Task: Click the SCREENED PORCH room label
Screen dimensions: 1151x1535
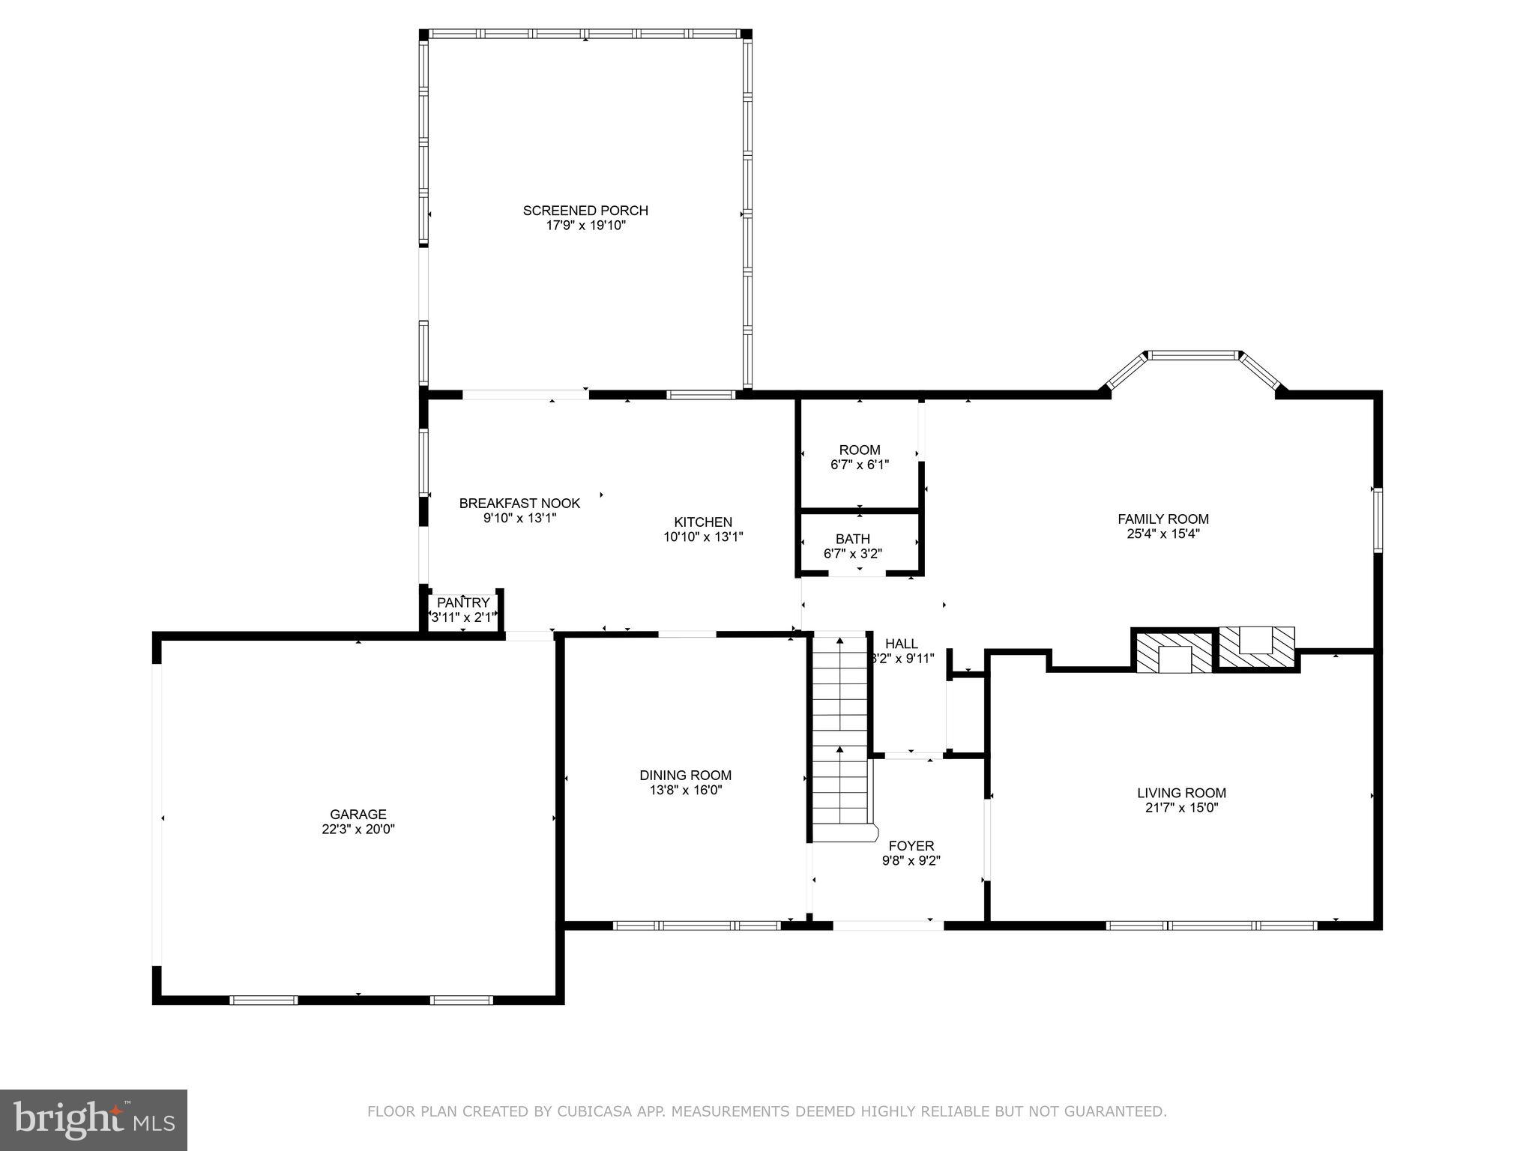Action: [585, 211]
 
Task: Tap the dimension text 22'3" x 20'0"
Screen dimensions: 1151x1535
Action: [358, 830]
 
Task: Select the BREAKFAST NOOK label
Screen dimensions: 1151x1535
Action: [519, 504]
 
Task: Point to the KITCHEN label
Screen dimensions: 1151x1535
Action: [702, 522]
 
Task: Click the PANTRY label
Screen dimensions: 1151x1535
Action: [462, 603]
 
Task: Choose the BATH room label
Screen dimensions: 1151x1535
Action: [853, 539]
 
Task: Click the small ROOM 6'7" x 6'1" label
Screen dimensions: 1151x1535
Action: [860, 450]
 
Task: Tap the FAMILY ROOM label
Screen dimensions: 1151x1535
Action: [1162, 519]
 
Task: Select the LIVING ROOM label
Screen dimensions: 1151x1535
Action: [1181, 793]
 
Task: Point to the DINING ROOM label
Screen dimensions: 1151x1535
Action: [685, 776]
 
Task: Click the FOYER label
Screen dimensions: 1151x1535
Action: [911, 847]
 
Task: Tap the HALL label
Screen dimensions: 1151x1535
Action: [901, 644]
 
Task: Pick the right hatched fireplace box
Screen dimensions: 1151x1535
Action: [1256, 647]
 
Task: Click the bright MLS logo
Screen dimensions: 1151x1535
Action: [94, 1120]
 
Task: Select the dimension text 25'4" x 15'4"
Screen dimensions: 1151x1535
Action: [1162, 534]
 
